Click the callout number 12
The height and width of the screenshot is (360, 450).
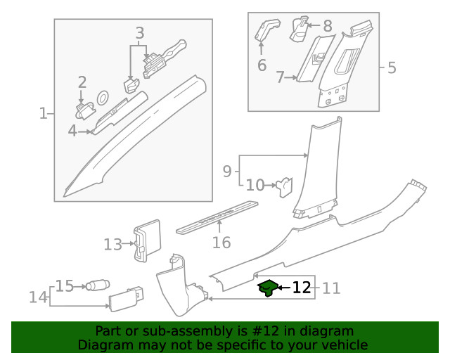tap(301, 288)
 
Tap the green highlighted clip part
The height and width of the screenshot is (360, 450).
tap(266, 288)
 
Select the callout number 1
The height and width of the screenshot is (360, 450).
tap(44, 112)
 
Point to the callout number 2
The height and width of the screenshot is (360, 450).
tap(82, 83)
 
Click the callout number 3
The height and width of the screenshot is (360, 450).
tap(139, 33)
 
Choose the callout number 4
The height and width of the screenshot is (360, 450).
tap(72, 131)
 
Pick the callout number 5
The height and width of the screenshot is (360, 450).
tap(392, 68)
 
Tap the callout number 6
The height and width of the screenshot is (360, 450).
tap(262, 65)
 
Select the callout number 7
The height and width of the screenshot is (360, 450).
tap(279, 77)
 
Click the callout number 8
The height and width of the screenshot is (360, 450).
tap(327, 26)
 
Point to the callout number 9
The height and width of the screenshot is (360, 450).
tap(227, 170)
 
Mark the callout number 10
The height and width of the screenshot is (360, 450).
tap(255, 186)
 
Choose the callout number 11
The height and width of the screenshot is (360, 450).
tap(331, 288)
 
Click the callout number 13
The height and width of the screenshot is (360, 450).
tap(112, 245)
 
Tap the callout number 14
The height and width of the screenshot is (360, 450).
tap(38, 297)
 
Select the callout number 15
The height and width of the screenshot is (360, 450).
tap(65, 286)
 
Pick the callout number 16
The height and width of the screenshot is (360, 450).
tap(221, 243)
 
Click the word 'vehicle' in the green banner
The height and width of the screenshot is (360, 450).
tap(344, 345)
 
